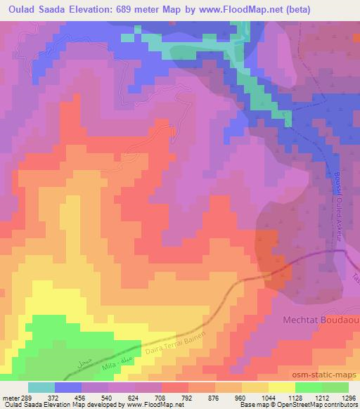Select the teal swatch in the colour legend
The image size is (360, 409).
click(x=41, y=387)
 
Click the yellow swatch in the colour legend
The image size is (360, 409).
click(x=281, y=387)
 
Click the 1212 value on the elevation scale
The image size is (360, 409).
click(x=321, y=397)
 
